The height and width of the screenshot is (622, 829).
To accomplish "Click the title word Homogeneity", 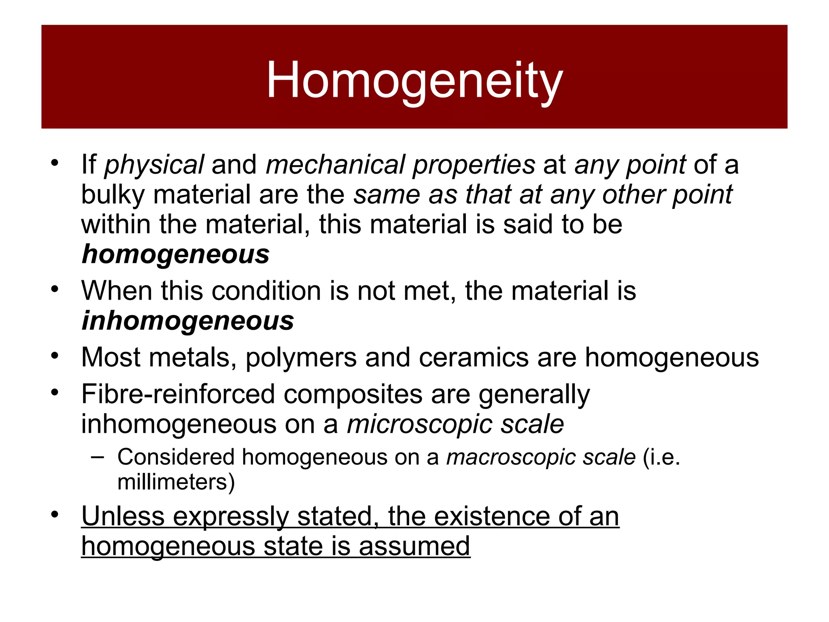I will (414, 80).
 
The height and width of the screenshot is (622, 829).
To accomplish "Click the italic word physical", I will (154, 165).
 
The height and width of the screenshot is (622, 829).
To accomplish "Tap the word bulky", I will (113, 195).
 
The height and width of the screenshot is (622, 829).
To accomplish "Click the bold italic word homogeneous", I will (176, 255).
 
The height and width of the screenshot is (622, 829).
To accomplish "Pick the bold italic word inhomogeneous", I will (188, 321).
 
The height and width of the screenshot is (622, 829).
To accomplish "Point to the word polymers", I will (301, 358).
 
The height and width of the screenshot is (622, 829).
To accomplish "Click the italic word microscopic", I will (419, 424).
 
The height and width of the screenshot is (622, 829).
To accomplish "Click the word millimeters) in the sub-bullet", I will (176, 482).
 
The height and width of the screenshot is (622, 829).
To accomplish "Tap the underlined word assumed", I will (414, 546).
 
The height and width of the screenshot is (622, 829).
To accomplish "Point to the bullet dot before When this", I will (55, 290).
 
